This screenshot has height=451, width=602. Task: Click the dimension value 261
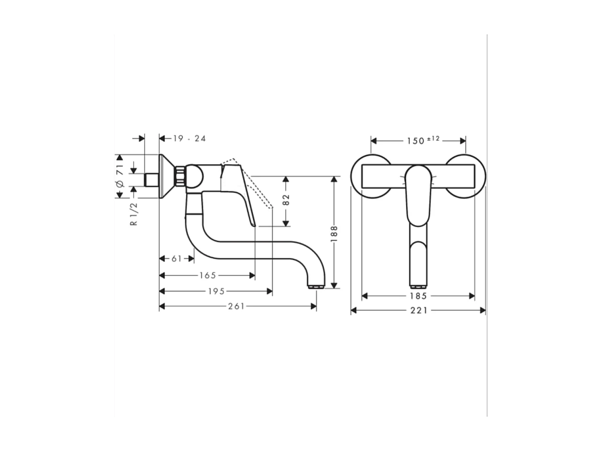pos(236,307)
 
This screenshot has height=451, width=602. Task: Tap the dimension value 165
pos(208,275)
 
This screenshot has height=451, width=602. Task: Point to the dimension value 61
pos(177,259)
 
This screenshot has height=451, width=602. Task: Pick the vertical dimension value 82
pos(286,199)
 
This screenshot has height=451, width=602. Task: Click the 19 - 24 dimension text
pos(190,138)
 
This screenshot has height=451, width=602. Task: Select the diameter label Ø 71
pos(120,176)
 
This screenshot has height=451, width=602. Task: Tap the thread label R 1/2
pos(134,214)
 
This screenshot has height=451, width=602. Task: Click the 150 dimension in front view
pos(415,141)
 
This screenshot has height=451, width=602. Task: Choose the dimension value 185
pos(418,296)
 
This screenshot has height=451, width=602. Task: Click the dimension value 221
pos(419,310)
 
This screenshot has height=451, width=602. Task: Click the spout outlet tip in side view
pos(316,286)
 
